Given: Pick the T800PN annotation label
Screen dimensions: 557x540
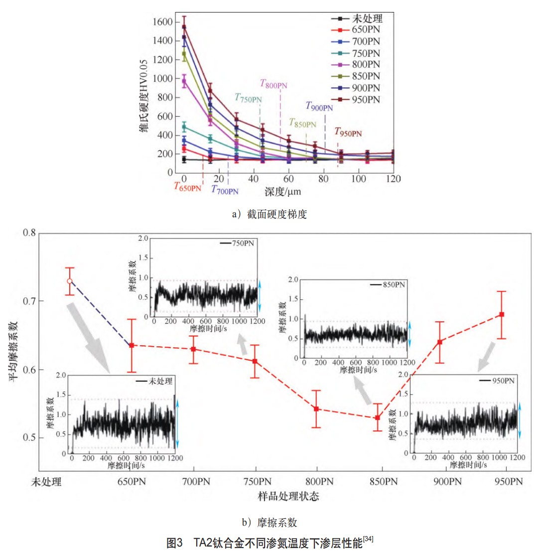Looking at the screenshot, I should (273, 84).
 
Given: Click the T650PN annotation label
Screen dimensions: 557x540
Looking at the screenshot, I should (187, 186).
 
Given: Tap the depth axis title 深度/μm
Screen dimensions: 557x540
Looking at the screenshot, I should (282, 191).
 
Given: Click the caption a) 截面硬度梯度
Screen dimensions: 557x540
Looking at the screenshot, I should (270, 214).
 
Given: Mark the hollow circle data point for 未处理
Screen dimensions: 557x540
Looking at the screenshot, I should (69, 281).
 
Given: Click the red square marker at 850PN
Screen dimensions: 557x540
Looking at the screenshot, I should (377, 418).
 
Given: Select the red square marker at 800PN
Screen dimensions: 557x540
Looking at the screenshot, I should (317, 409).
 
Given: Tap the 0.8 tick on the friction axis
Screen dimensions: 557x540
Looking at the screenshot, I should (29, 233).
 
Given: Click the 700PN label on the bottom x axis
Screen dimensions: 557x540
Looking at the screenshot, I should (193, 482).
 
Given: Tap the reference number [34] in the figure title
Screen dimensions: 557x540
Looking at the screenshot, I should (368, 539).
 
